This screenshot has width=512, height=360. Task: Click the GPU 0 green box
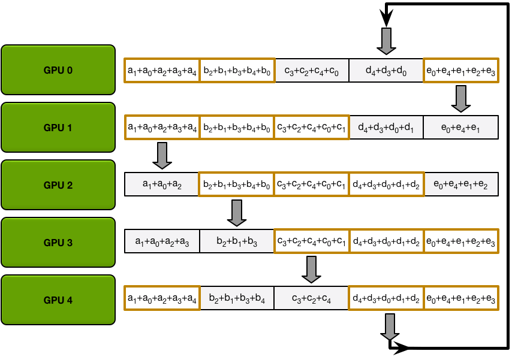pyautogui.click(x=58, y=70)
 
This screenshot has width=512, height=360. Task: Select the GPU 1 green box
pyautogui.click(x=58, y=128)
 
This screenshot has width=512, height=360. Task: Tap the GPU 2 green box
pyautogui.click(x=58, y=185)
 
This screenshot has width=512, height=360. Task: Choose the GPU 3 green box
pyautogui.click(x=58, y=243)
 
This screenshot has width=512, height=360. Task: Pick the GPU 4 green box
pyautogui.click(x=58, y=300)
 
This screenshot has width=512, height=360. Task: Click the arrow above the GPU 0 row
pyautogui.click(x=385, y=41)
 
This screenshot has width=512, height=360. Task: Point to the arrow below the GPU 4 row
pyautogui.click(x=390, y=326)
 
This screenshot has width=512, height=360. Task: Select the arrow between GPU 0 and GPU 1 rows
pyautogui.click(x=460, y=99)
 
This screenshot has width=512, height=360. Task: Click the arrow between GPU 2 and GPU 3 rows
pyautogui.click(x=237, y=213)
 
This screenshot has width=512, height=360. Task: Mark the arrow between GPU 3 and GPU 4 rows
pyautogui.click(x=311, y=270)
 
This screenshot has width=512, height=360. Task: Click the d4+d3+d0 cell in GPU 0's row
pyautogui.click(x=386, y=71)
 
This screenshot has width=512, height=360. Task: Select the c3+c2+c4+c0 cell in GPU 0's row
pyautogui.click(x=312, y=71)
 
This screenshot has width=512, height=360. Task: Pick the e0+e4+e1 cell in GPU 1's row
pyautogui.click(x=460, y=128)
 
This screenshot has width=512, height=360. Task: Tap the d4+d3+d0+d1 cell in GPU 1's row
pyautogui.click(x=386, y=128)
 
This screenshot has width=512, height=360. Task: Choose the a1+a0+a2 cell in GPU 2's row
pyautogui.click(x=162, y=184)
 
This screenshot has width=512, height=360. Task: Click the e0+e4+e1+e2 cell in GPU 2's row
pyautogui.click(x=460, y=184)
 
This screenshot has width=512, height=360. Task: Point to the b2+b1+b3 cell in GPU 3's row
pyautogui.click(x=236, y=241)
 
